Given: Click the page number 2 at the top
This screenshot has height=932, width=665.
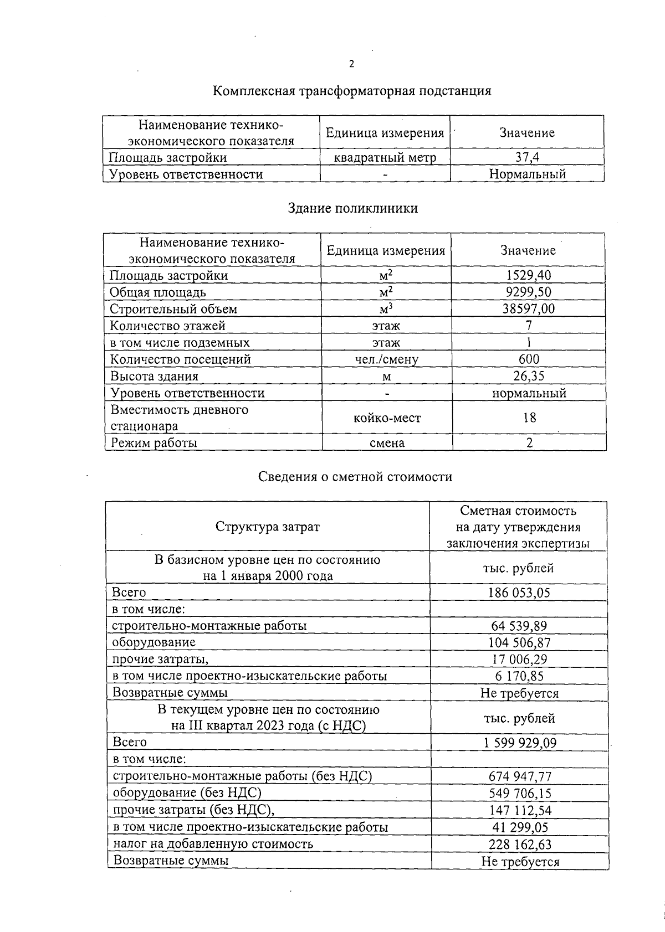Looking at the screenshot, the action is pyautogui.click(x=351, y=64).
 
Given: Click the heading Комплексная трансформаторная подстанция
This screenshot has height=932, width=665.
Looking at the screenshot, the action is pyautogui.click(x=352, y=91).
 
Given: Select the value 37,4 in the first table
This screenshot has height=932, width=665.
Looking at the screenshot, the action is pyautogui.click(x=527, y=157).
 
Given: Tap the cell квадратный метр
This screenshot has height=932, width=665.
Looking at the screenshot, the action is pyautogui.click(x=385, y=158).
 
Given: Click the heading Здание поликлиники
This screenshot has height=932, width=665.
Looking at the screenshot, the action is pyautogui.click(x=352, y=208).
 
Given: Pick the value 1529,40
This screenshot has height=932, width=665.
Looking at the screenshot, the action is pyautogui.click(x=528, y=275).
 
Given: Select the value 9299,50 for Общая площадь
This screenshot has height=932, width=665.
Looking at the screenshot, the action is pyautogui.click(x=528, y=292).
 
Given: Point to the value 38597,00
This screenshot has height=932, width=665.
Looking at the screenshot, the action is pyautogui.click(x=528, y=308).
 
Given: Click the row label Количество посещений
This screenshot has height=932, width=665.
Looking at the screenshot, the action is pyautogui.click(x=181, y=359).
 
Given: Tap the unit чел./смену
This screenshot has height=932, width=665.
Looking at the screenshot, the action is pyautogui.click(x=387, y=359).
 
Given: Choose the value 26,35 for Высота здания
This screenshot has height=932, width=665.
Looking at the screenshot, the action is pyautogui.click(x=529, y=376).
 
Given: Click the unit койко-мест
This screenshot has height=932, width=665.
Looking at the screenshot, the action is pyautogui.click(x=387, y=418).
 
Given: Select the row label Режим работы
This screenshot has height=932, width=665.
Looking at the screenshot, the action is pyautogui.click(x=154, y=442).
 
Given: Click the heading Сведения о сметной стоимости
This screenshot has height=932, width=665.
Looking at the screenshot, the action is pyautogui.click(x=355, y=477).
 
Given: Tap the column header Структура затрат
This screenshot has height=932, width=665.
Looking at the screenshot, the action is pyautogui.click(x=268, y=527).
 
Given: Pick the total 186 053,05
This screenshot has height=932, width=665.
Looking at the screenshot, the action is pyautogui.click(x=519, y=593).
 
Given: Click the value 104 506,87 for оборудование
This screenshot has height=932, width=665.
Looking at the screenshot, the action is pyautogui.click(x=519, y=642).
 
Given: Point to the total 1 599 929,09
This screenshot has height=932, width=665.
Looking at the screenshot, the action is pyautogui.click(x=519, y=743).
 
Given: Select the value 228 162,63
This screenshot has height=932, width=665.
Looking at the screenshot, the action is pyautogui.click(x=520, y=845).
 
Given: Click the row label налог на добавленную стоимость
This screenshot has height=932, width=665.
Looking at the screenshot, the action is pyautogui.click(x=213, y=844).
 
